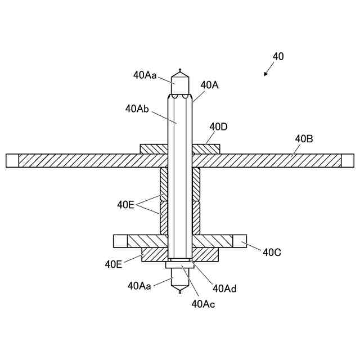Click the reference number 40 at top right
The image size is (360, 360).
pyautogui.click(x=278, y=56)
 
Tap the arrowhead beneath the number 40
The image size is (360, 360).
pyautogui.click(x=265, y=74)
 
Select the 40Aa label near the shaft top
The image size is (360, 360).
pyautogui.click(x=145, y=74)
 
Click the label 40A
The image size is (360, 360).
pyautogui.click(x=209, y=84)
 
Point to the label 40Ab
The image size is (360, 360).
pyautogui.click(x=137, y=108)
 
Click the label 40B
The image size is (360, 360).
pyautogui.click(x=304, y=138)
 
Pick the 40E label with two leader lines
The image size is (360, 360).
pyautogui.click(x=125, y=205)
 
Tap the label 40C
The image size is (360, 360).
pyautogui.click(x=272, y=251)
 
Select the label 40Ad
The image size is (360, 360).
pyautogui.click(x=224, y=289)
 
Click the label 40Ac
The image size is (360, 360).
pyautogui.click(x=203, y=304)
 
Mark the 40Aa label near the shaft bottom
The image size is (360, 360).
pyautogui.click(x=139, y=286)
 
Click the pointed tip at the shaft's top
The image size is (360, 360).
pyautogui.click(x=180, y=72)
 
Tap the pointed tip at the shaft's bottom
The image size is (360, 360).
pyautogui.click(x=180, y=291)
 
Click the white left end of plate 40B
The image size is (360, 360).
pyautogui.click(x=12, y=160)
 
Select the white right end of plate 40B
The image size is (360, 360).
pyautogui.click(x=348, y=160)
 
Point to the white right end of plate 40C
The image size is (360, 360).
pyautogui.click(x=239, y=241)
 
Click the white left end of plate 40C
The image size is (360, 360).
pyautogui.click(x=120, y=241)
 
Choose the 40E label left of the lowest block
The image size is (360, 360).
pyautogui.click(x=114, y=263)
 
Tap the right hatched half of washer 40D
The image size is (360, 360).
pyautogui.click(x=206, y=149)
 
